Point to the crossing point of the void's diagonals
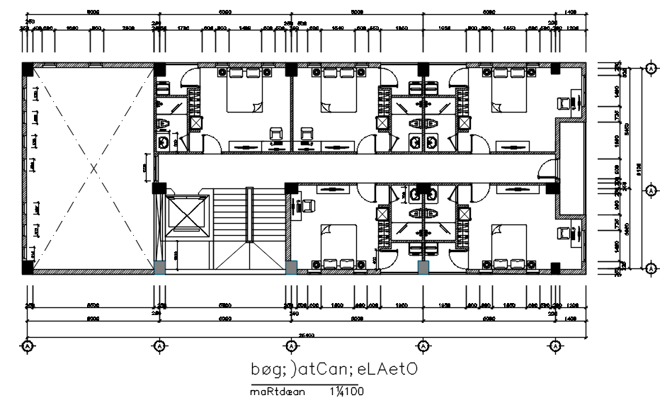pyautogui.click(x=93, y=169)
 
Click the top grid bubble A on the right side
pyautogui.click(x=650, y=68)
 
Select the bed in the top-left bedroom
pyautogui.click(x=244, y=91)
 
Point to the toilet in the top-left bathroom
pyautogui.click(x=164, y=125)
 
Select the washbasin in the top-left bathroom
pyautogui.click(x=164, y=143)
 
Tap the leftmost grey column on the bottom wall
pyautogui.click(x=160, y=268)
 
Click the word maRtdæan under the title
pyautogui.click(x=276, y=392)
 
